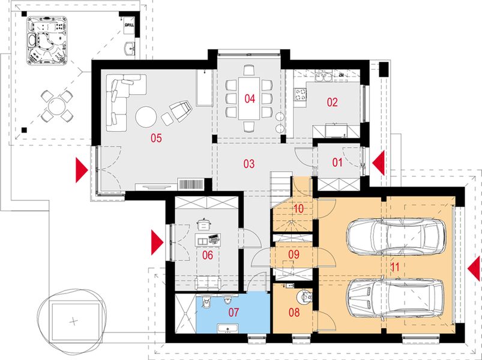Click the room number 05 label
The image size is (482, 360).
click(156, 139)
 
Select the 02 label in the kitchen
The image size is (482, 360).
click(332, 102)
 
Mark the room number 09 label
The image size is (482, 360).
click(293, 254)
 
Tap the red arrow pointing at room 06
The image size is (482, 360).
click(157, 242)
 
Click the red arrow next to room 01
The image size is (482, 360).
click(378, 162)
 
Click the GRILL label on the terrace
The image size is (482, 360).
click(129, 26)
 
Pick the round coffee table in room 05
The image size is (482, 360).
click(147, 116)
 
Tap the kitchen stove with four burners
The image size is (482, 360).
click(300, 94)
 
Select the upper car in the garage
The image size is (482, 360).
click(396, 233)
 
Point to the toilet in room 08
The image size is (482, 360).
click(306, 296)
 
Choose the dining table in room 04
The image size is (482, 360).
click(249, 99)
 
